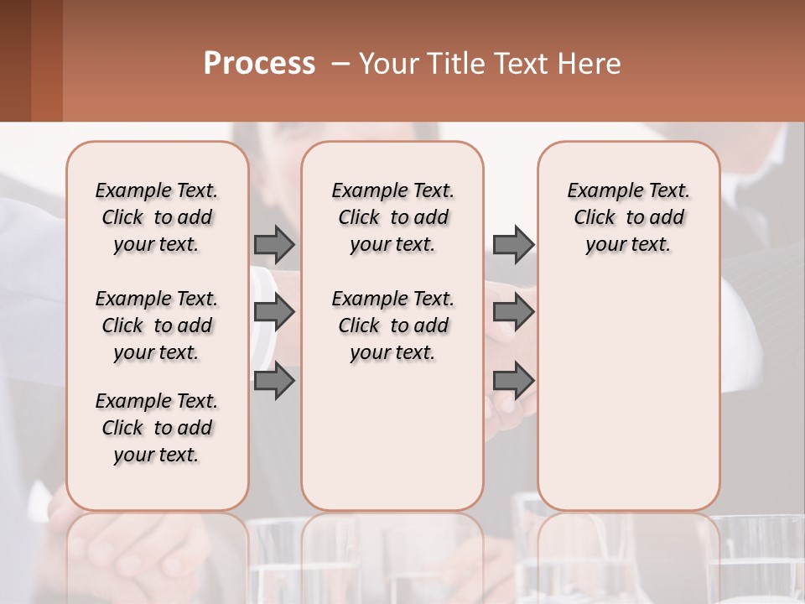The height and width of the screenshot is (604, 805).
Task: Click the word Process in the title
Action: pos(259,64)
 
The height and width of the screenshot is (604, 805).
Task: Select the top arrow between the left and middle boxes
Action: pos(274,244)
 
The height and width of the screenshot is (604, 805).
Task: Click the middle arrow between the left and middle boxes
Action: pos(274,312)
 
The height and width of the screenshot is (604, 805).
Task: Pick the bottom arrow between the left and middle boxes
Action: pos(274,381)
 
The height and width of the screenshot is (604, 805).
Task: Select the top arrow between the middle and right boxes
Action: pos(513,244)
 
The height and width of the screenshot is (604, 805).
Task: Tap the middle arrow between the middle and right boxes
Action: pos(513,312)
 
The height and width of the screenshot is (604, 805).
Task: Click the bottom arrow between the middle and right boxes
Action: pos(513,381)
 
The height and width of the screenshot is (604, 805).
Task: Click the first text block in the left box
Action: pos(156,217)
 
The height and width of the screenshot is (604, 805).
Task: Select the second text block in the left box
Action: pos(156,325)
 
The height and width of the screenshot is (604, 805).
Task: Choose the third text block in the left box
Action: pos(156,428)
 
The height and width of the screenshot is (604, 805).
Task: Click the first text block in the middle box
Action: pos(392,217)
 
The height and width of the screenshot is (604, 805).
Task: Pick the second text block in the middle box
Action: pos(392,325)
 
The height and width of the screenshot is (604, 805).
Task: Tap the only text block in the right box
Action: pos(628,217)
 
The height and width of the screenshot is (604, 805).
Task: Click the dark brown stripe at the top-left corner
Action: pos(15,60)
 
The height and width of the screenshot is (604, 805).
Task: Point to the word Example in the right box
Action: pos(599,191)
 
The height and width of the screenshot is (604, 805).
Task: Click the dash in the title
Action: pos(340,64)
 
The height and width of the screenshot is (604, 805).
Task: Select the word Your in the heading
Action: pos(385,64)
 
